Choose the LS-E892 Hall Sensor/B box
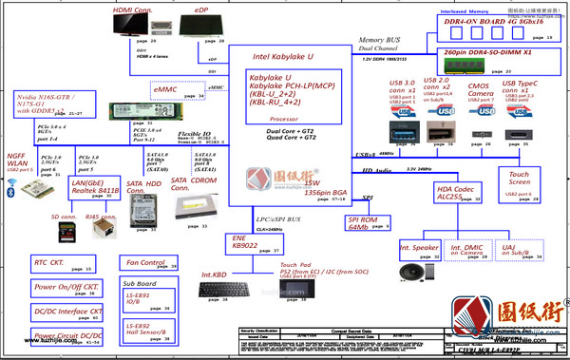(148, 330)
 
